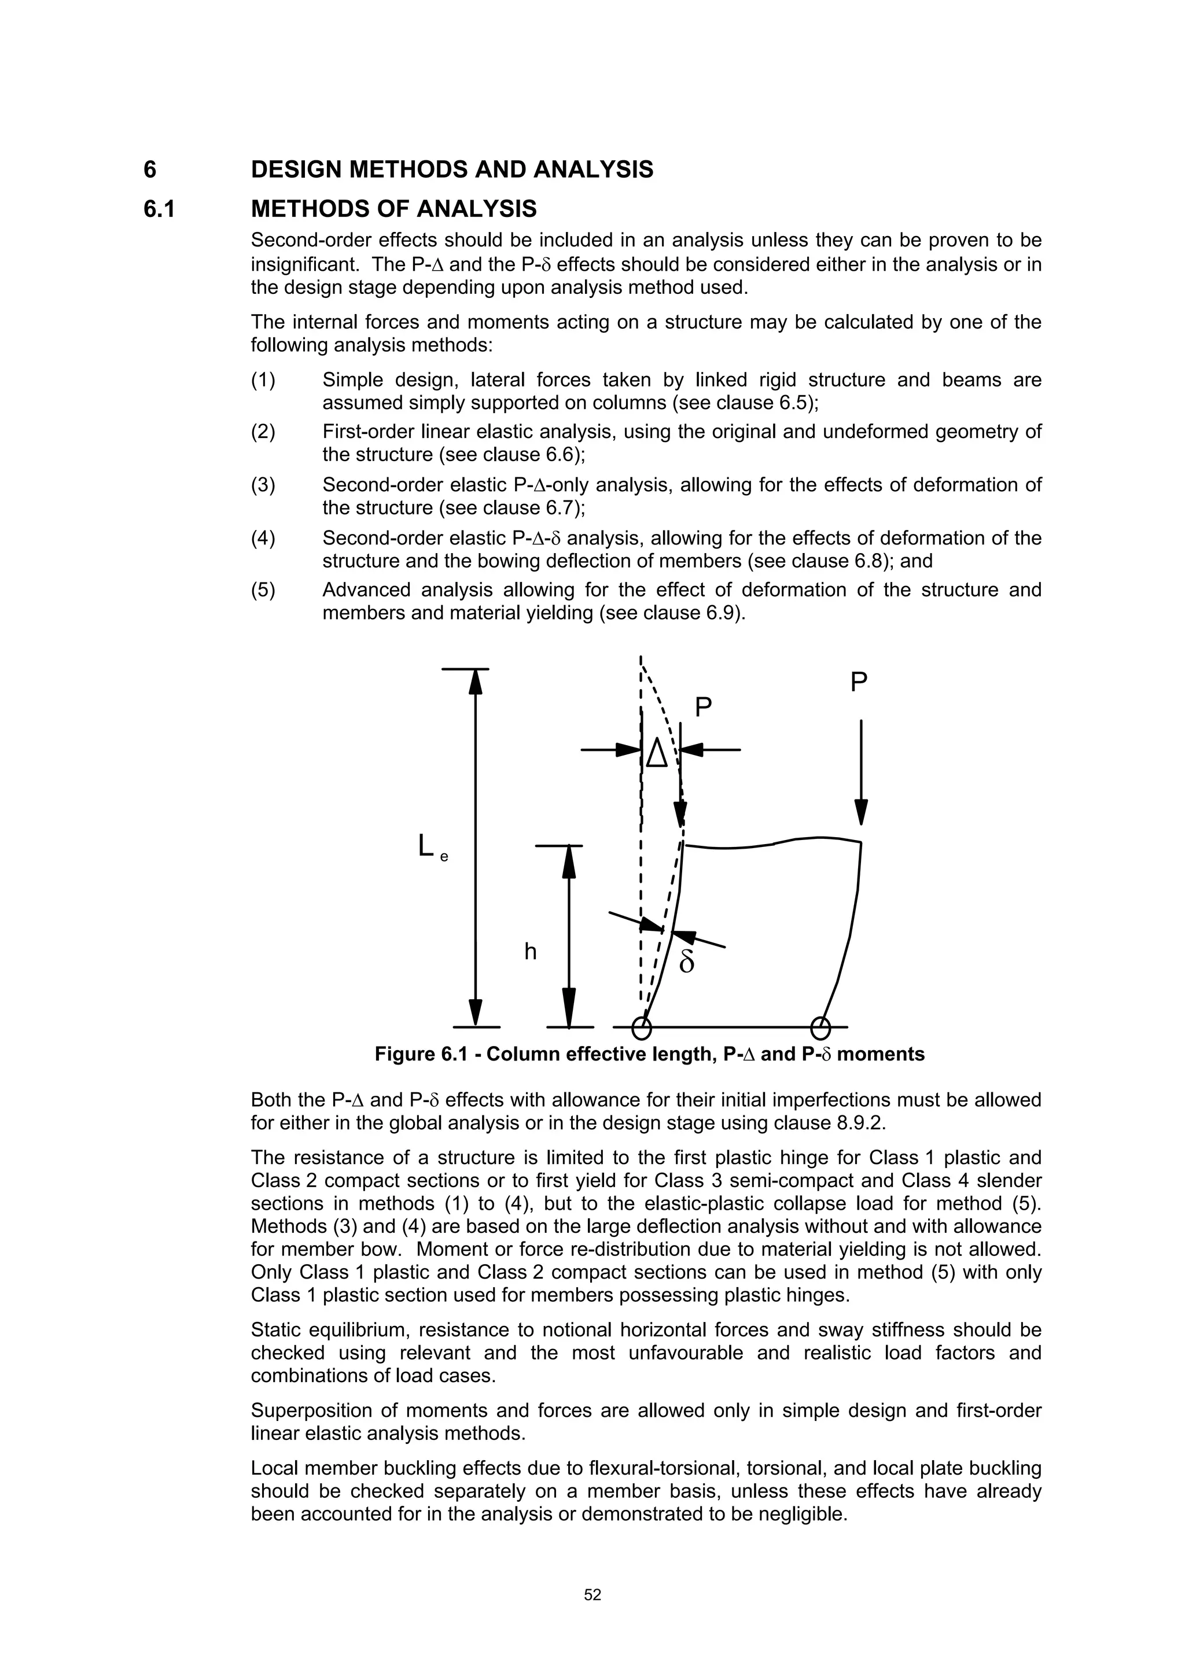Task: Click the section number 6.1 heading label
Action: pos(159,209)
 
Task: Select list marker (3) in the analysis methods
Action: pos(263,485)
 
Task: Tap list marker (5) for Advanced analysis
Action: pos(263,590)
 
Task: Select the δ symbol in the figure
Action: pos(686,963)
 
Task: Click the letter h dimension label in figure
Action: pos(531,952)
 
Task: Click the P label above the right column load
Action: pos(859,683)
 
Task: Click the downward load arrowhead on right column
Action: pos(861,812)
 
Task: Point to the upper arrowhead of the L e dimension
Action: pos(475,682)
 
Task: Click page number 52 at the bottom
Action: pos(592,1595)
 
